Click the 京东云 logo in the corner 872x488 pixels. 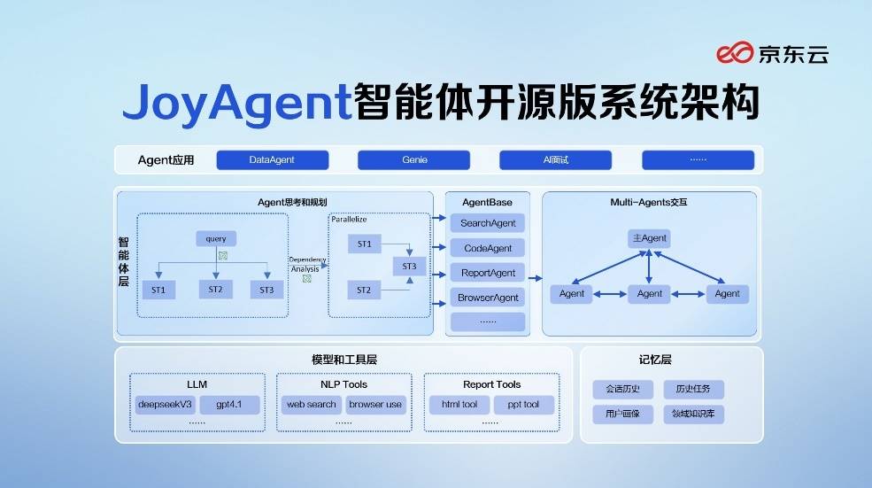coord(772,55)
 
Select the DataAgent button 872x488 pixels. coord(272,160)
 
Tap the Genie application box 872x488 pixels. coord(414,160)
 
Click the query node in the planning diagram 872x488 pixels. coord(216,238)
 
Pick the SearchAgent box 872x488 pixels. coord(488,223)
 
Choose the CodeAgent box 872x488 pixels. coord(488,248)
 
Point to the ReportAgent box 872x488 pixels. coord(488,273)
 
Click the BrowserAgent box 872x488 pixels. coord(488,298)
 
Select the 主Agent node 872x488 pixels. coord(649,238)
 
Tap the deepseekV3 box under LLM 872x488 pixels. coord(165,405)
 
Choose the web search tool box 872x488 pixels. coord(310,405)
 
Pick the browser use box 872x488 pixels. coord(375,405)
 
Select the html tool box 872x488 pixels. coord(459,405)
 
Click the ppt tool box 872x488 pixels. coord(524,405)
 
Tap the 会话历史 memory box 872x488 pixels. coord(622,389)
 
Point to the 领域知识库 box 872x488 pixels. coord(694,414)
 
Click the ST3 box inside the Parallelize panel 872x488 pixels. coord(409,267)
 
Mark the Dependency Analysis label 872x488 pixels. coord(306,264)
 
